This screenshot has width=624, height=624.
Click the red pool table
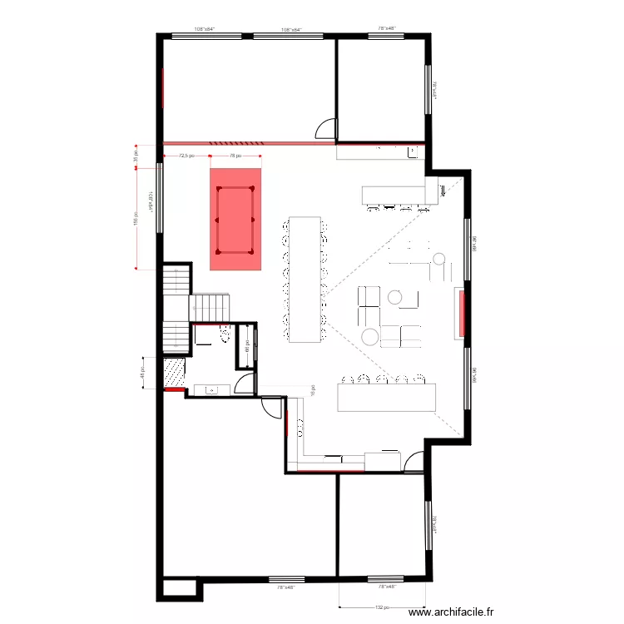point(235,220)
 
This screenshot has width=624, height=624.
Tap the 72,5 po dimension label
point(186,155)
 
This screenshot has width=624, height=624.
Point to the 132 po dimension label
point(383,607)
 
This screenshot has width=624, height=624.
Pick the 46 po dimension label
point(142,374)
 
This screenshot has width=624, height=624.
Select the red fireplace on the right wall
point(458,313)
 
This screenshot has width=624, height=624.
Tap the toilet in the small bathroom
point(224,334)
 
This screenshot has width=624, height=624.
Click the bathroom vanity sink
point(212,389)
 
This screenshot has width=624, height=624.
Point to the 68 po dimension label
point(247,346)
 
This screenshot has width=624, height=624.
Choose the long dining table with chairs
point(305,279)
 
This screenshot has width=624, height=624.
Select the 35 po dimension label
point(137,156)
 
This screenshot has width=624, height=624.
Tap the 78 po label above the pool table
point(235,155)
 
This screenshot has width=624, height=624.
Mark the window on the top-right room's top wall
point(385,35)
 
